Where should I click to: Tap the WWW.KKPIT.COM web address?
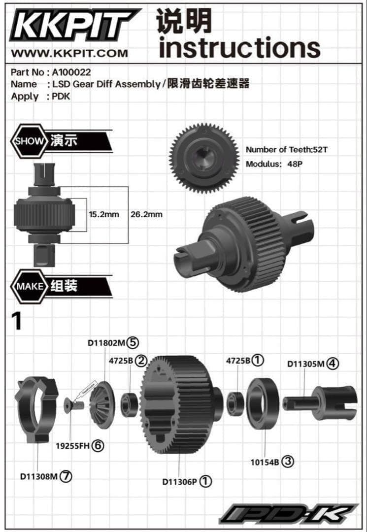[69, 53]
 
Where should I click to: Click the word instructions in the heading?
[239, 47]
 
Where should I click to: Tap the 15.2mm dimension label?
[104, 214]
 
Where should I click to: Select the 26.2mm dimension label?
[146, 214]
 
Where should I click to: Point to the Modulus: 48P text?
[273, 164]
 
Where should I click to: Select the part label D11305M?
[306, 364]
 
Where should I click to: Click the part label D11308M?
[40, 476]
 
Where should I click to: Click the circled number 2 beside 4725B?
[141, 361]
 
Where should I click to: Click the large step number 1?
[17, 322]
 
